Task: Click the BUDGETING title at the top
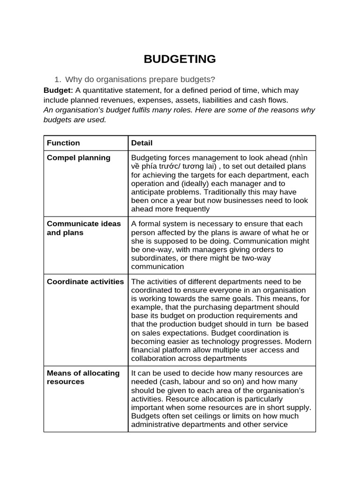click(180, 59)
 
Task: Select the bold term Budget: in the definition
click(58, 90)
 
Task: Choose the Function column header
click(63, 143)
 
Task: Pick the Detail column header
click(142, 143)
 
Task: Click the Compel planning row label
click(78, 158)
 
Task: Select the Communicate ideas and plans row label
click(83, 228)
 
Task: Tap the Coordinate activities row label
click(85, 282)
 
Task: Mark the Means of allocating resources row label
click(83, 377)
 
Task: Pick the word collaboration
click(155, 359)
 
